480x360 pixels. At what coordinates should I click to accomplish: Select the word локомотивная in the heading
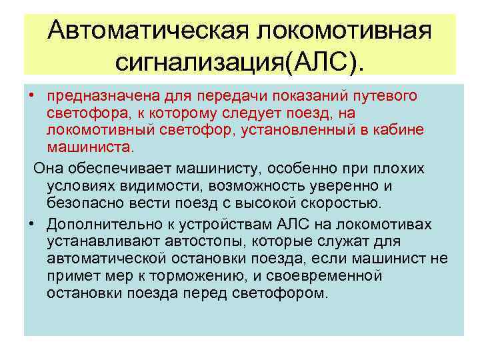(x=344, y=30)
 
